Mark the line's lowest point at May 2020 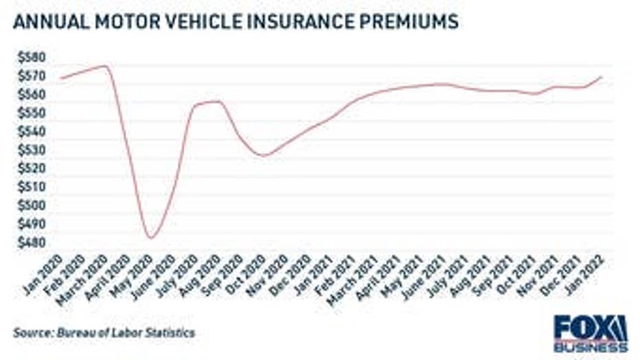click(150, 238)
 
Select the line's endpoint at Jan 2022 click(602, 77)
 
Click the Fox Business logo click(591, 333)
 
